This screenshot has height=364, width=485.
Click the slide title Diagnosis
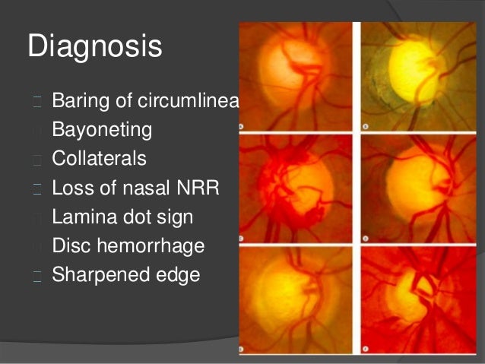click(95, 47)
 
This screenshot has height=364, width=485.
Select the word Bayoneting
click(102, 131)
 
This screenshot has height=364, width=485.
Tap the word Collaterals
click(100, 159)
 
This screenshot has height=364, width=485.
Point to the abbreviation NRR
click(198, 188)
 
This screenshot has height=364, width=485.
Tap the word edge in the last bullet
click(176, 274)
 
